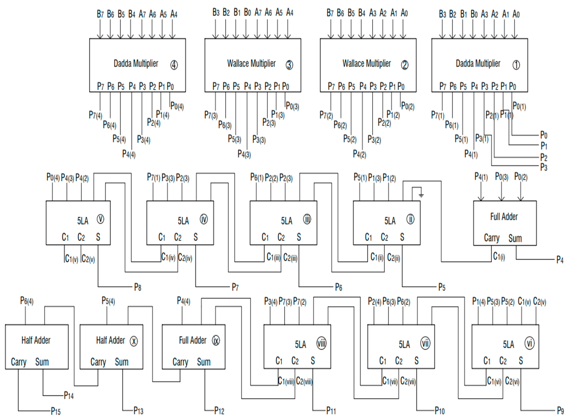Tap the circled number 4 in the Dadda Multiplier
(x=174, y=65)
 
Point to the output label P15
(x=56, y=411)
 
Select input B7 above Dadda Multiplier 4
(x=100, y=14)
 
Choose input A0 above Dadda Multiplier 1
(x=516, y=14)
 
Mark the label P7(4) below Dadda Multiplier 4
(x=95, y=115)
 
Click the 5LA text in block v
(x=83, y=221)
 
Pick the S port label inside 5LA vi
(x=521, y=360)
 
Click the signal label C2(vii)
(x=408, y=381)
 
